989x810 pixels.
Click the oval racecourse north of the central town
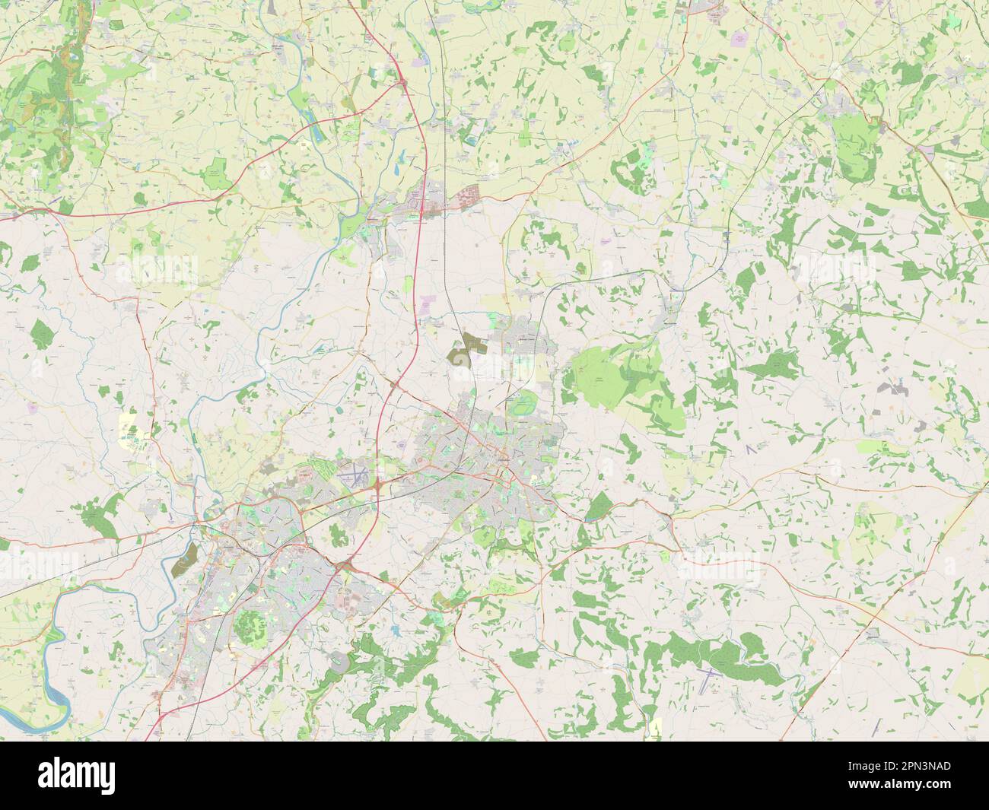click(523, 405)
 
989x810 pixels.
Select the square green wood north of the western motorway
click(215, 170)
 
